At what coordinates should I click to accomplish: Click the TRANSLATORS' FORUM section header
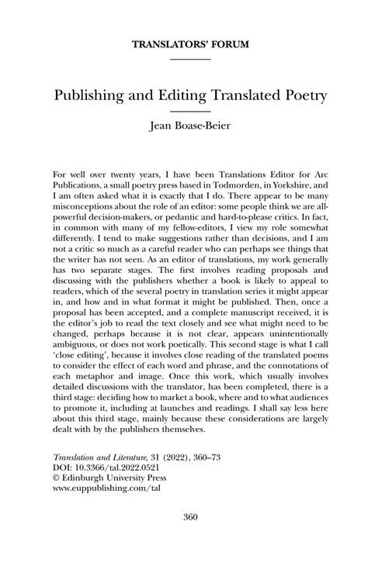click(184, 45)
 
